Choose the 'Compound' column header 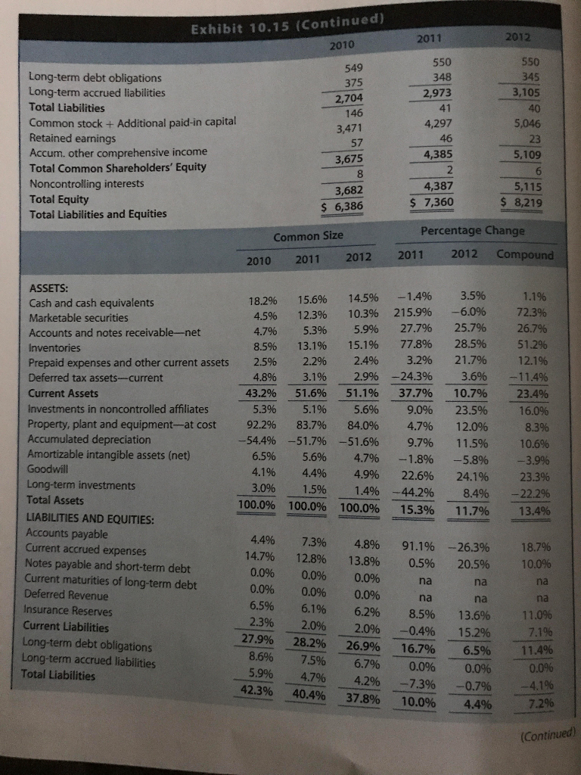coord(525,254)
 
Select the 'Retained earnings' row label coord(73,138)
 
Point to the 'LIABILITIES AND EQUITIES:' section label coord(90,520)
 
